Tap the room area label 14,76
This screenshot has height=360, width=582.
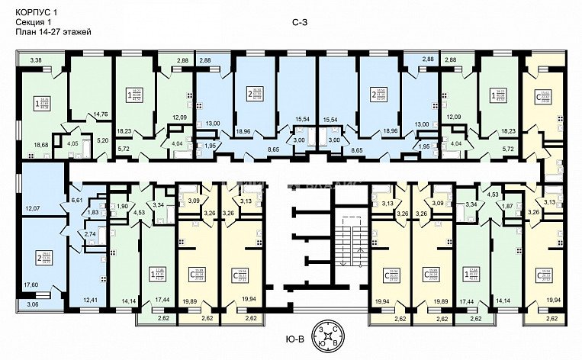[100, 115]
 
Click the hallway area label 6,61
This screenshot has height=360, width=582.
[76, 198]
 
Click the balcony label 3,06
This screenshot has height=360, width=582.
[31, 304]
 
